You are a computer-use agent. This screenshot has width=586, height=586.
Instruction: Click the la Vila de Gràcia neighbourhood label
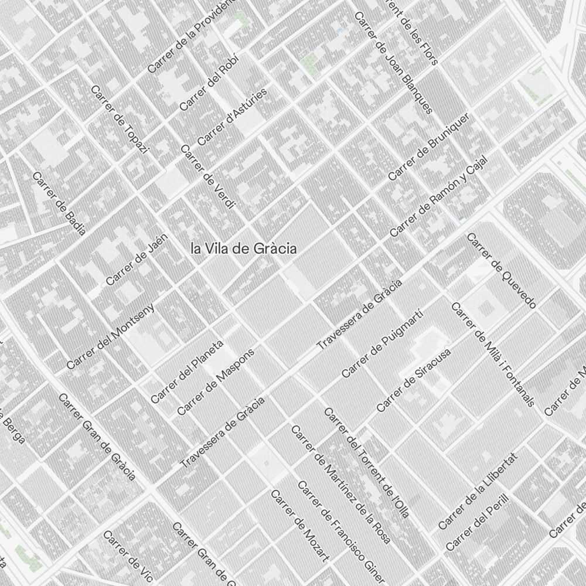tap(244, 248)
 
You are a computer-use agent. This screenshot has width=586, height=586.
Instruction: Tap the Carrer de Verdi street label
tap(208, 176)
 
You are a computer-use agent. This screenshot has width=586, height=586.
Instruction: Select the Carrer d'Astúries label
tap(232, 117)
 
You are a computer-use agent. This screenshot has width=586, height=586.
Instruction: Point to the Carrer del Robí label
tap(203, 86)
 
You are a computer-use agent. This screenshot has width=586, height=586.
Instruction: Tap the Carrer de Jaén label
tap(137, 260)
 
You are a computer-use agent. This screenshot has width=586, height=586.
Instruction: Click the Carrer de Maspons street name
tap(216, 382)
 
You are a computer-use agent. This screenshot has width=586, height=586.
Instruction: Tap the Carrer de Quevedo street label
tap(502, 270)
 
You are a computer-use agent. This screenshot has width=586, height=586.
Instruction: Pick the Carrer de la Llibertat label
tap(478, 491)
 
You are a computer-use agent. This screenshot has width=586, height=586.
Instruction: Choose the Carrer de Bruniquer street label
tap(429, 146)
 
